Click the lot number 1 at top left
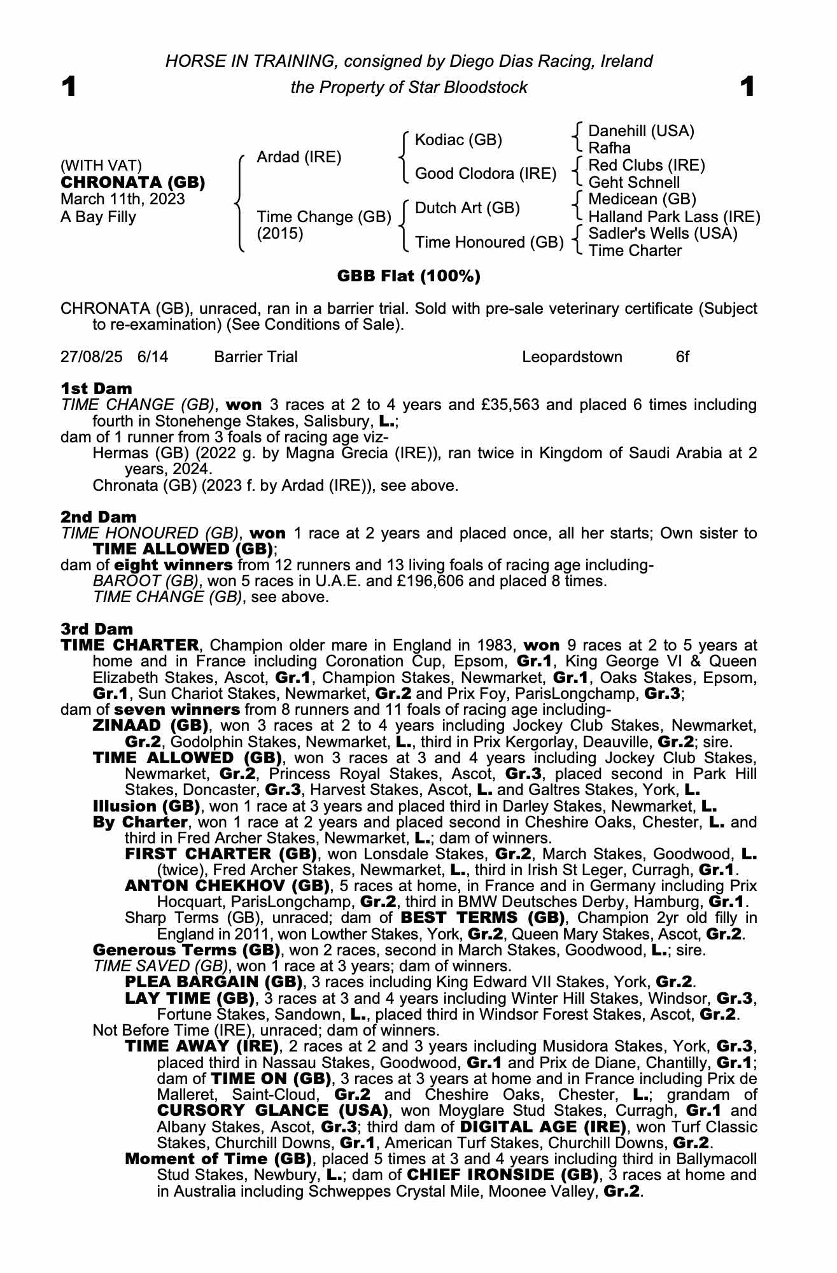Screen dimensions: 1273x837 (x=69, y=87)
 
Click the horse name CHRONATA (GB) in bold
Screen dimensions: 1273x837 (x=132, y=183)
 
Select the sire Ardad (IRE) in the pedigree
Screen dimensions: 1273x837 (x=299, y=157)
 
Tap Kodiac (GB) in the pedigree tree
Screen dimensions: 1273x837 (x=458, y=140)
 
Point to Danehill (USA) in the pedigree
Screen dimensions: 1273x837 (x=641, y=131)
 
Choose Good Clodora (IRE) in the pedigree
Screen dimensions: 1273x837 (x=486, y=174)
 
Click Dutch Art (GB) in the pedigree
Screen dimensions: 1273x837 (x=467, y=208)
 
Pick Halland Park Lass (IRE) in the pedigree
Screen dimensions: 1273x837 (x=674, y=217)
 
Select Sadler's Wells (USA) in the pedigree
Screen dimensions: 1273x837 (x=663, y=234)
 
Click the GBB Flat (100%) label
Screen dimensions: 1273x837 (x=409, y=276)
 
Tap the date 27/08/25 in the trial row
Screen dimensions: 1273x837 (x=91, y=357)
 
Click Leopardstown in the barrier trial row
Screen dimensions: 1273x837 (x=572, y=357)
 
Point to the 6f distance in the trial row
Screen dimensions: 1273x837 (x=682, y=357)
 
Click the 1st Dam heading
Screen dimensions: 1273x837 (x=96, y=388)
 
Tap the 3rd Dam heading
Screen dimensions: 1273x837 (x=97, y=629)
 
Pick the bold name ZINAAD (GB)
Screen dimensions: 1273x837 (x=151, y=726)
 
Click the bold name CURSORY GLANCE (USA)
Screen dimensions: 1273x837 (x=272, y=1111)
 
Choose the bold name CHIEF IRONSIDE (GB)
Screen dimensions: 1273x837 (x=503, y=1174)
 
